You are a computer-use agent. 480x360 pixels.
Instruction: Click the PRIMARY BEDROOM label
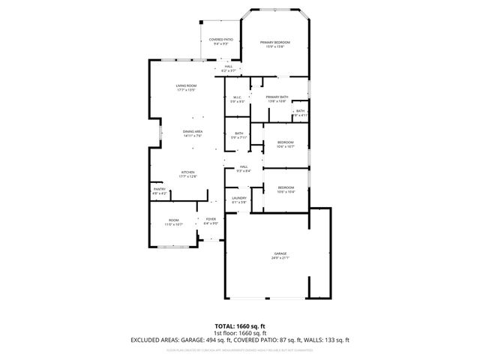(274, 43)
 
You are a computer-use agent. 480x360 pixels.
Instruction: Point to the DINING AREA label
(193, 131)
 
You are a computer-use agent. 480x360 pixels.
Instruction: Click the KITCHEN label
(187, 172)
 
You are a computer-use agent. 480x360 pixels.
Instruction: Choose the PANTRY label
(160, 189)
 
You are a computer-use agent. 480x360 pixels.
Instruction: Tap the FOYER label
(211, 219)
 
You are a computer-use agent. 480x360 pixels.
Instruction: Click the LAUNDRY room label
(239, 198)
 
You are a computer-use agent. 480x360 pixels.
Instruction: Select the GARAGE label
(280, 255)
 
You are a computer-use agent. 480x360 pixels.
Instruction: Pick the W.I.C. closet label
(236, 97)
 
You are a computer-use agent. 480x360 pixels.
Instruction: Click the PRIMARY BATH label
(277, 97)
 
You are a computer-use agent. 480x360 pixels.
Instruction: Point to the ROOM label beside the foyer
(173, 220)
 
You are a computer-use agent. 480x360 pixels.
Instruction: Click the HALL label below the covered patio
(228, 66)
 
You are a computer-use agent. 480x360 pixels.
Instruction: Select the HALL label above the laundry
(243, 167)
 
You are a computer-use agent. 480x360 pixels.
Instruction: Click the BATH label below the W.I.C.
(238, 133)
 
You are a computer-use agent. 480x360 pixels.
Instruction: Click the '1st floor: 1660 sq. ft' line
(239, 333)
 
